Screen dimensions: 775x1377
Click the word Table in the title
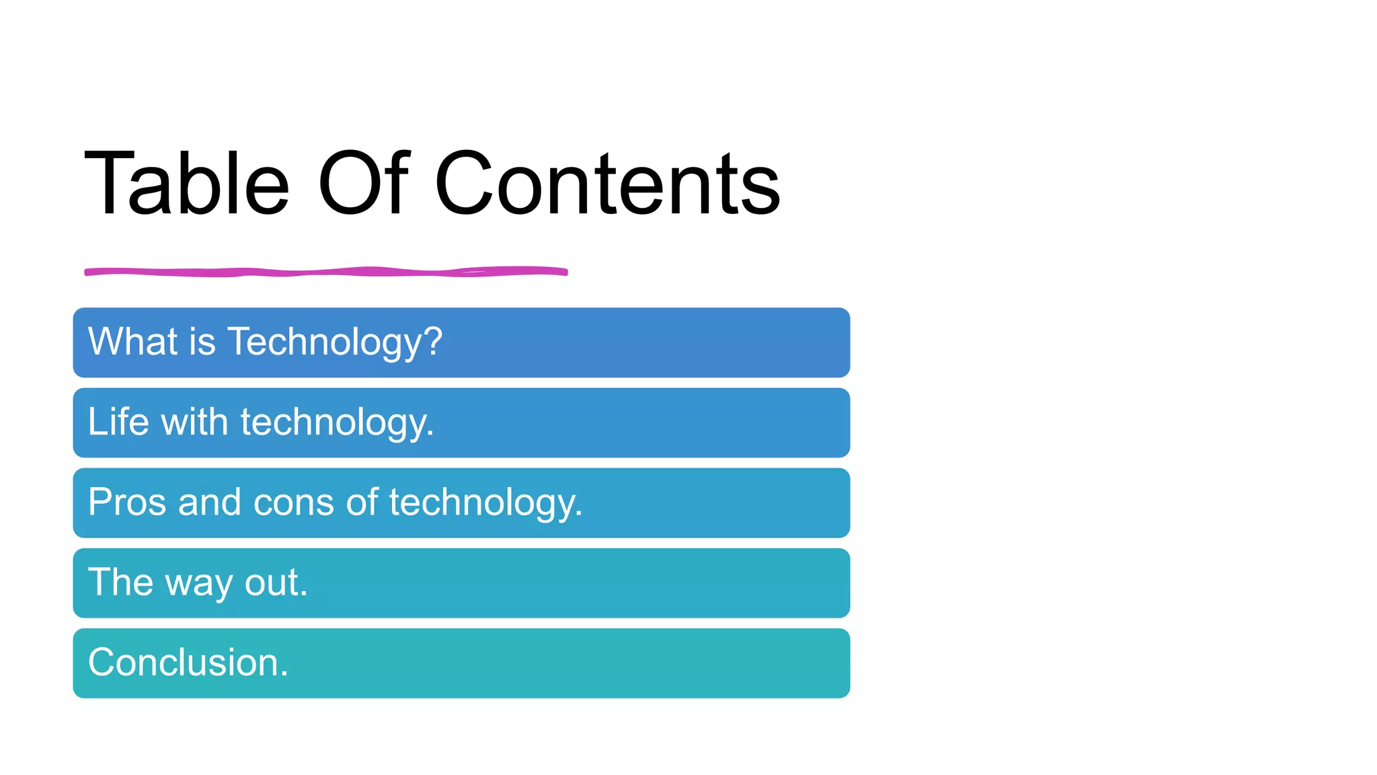tap(187, 184)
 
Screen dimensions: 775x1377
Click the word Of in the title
tap(363, 184)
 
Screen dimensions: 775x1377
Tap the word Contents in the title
tap(607, 184)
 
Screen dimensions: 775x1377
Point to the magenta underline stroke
tap(326, 272)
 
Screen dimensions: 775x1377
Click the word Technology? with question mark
tap(335, 342)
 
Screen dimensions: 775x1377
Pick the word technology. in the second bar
tap(337, 423)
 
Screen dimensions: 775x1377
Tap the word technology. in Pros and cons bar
tap(485, 503)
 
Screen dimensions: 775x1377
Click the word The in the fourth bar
tap(121, 582)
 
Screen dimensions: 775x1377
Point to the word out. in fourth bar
tap(276, 583)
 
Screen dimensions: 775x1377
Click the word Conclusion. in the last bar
tap(188, 663)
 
